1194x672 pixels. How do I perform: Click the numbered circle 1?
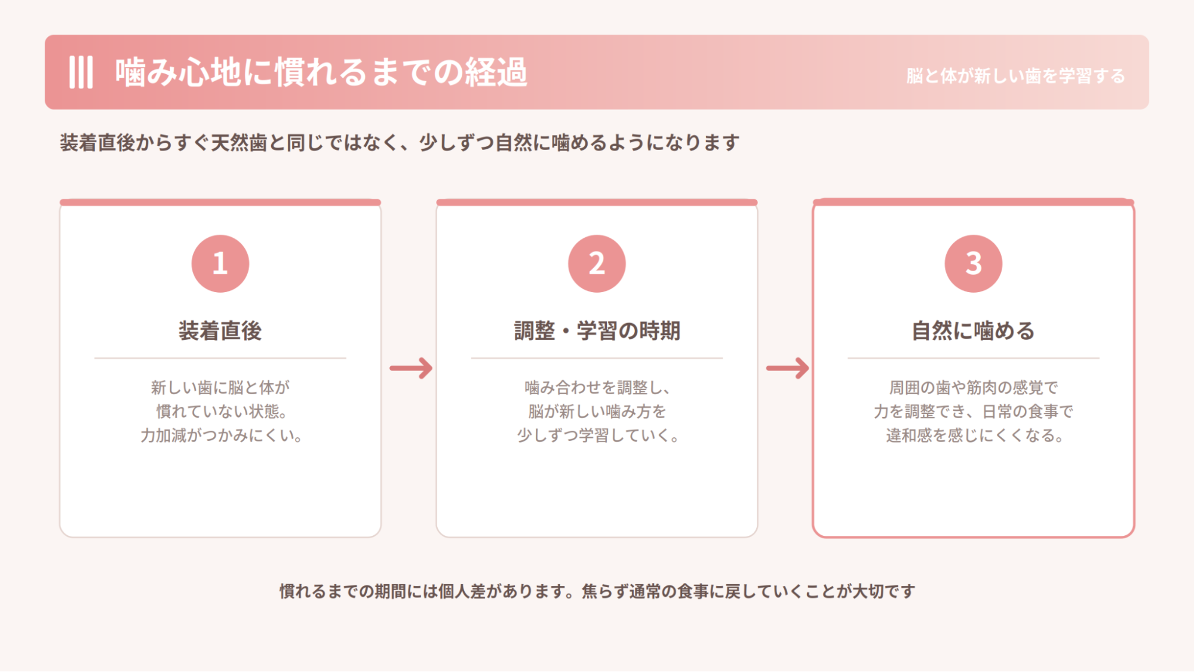pos(220,263)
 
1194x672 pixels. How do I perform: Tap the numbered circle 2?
pos(597,263)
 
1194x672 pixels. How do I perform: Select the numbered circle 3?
pos(973,263)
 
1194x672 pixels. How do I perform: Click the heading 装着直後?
pos(220,330)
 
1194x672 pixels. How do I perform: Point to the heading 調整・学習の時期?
pos(597,330)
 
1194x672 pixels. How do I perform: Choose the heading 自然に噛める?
pos(973,330)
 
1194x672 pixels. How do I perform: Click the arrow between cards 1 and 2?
pos(411,368)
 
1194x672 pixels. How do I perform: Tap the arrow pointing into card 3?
pos(787,368)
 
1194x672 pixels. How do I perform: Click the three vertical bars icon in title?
pos(81,72)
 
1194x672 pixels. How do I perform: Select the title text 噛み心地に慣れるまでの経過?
pos(321,72)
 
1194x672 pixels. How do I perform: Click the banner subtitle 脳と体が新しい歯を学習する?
pos(1015,76)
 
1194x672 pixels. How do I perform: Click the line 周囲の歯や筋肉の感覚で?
pos(974,388)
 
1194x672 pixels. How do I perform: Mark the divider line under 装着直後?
pos(220,358)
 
